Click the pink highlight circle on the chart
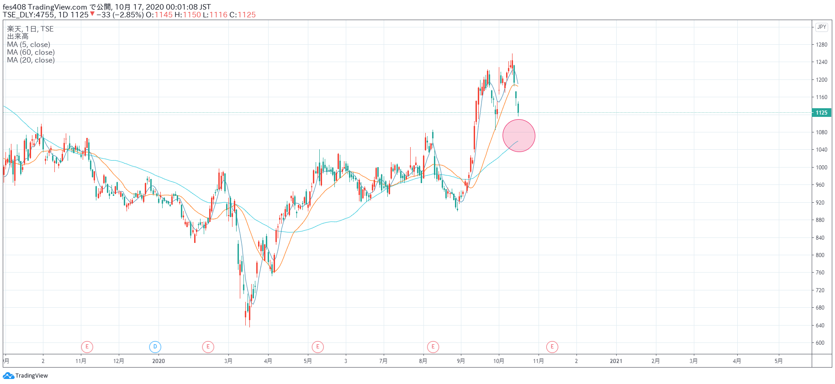518,136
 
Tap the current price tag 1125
821,113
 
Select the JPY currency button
821,27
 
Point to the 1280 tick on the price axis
821,45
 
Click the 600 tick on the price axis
821,343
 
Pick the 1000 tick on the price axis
821,168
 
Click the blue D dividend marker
155,347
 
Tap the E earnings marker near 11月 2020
552,347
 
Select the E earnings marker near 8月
433,347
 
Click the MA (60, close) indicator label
31,53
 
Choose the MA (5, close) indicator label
29,45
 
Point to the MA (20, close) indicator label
31,60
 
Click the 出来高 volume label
18,37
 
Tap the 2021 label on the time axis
616,361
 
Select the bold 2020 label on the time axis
159,361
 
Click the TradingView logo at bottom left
26,376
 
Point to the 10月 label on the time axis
498,361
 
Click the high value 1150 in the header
192,15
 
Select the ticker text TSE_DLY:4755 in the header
28,15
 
